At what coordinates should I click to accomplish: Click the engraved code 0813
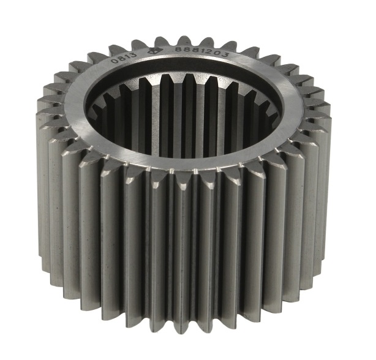pos(124,58)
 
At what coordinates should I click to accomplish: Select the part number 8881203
pos(201,52)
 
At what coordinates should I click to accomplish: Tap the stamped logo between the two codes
pos(152,51)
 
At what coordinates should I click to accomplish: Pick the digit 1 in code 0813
pos(127,57)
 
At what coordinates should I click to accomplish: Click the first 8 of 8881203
pos(179,50)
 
